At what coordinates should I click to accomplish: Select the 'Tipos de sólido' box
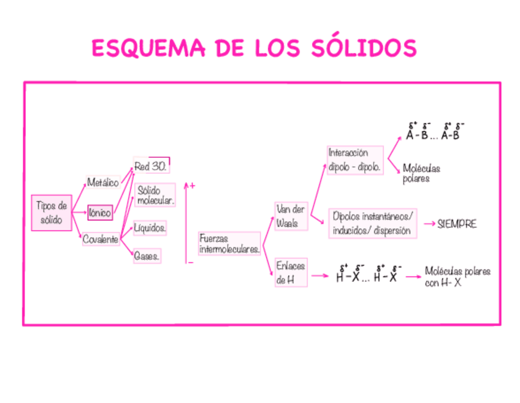tap(52, 213)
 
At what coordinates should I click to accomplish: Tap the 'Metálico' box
tap(102, 182)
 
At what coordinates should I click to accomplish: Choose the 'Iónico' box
tap(100, 213)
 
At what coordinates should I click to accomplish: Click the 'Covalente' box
tap(101, 240)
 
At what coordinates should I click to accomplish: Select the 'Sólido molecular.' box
tap(155, 195)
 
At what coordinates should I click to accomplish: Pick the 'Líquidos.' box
tap(150, 228)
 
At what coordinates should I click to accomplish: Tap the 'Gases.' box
tap(147, 257)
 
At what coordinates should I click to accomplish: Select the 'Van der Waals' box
tap(290, 216)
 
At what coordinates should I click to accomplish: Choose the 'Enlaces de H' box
tap(290, 273)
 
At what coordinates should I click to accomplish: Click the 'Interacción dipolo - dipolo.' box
tap(356, 160)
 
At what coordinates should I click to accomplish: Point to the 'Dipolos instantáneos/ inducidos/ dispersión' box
tap(373, 224)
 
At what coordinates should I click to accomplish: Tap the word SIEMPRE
tap(457, 224)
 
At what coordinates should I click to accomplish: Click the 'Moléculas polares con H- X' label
tap(457, 277)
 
